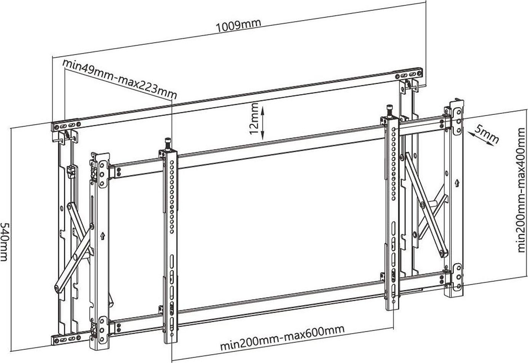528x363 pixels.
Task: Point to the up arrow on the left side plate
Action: (x=103, y=237)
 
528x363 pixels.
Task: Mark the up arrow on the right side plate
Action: (x=457, y=183)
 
